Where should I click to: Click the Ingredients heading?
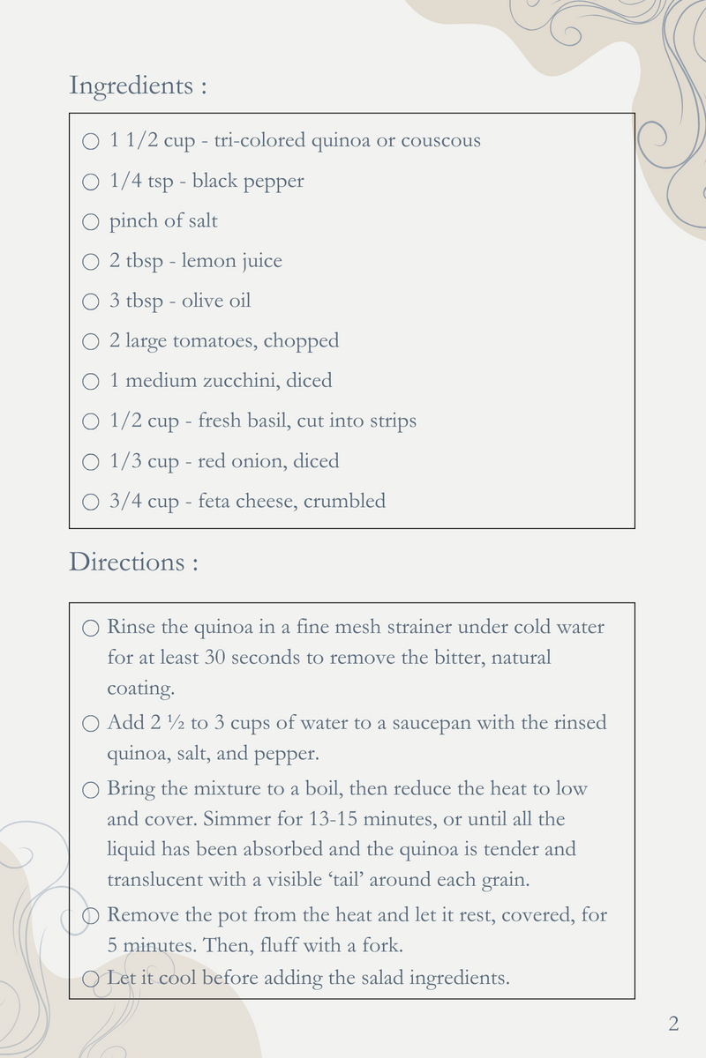pos(138,86)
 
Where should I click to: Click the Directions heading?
pos(132,562)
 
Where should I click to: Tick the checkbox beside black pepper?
pos(90,183)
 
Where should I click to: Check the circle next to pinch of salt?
pos(90,222)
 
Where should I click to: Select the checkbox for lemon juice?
pos(90,262)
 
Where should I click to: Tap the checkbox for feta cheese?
pos(90,503)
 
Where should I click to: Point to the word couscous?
pos(440,140)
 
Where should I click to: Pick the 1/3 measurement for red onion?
pos(125,461)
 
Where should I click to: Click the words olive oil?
pos(216,301)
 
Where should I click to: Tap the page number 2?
pos(673,1024)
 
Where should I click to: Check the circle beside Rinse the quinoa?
pos(90,629)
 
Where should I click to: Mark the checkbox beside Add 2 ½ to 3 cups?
pos(90,724)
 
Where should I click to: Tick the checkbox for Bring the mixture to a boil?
pos(90,790)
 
